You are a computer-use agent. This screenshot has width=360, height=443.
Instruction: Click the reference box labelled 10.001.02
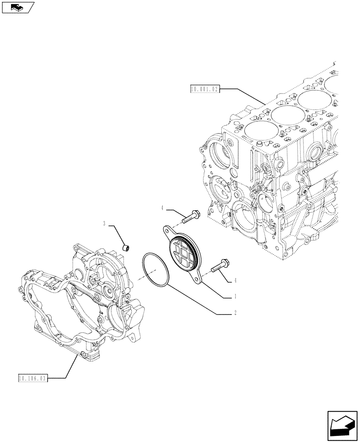click(204, 89)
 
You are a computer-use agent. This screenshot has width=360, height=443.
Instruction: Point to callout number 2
click(235, 313)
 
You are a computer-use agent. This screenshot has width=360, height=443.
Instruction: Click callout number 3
click(105, 224)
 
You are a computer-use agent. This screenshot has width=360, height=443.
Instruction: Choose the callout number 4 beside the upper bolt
click(163, 207)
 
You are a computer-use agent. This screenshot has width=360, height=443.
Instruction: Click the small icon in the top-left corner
click(18, 7)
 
